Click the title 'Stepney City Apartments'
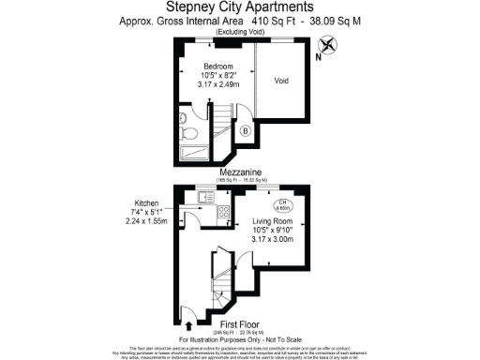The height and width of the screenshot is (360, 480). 240,8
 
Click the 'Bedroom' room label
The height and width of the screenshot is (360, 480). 219,67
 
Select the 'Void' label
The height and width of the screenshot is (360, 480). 281,81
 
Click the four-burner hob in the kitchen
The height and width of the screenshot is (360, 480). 224,213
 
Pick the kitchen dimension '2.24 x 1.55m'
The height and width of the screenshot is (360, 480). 145,219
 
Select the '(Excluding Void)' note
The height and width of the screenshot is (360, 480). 240,31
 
